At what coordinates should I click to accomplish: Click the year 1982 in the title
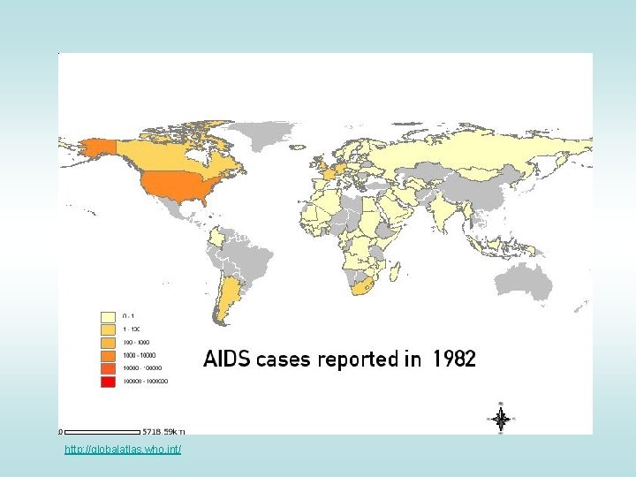454,360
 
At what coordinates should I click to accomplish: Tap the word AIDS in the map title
227,360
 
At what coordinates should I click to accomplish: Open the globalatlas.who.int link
123,450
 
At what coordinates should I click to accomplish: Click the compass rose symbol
501,419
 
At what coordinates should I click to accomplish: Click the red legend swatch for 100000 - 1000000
109,382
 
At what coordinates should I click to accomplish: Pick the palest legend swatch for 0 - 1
109,315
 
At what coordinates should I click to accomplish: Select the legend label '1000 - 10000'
139,355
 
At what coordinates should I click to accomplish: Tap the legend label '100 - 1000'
137,342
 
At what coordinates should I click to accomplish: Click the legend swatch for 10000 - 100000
109,368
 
